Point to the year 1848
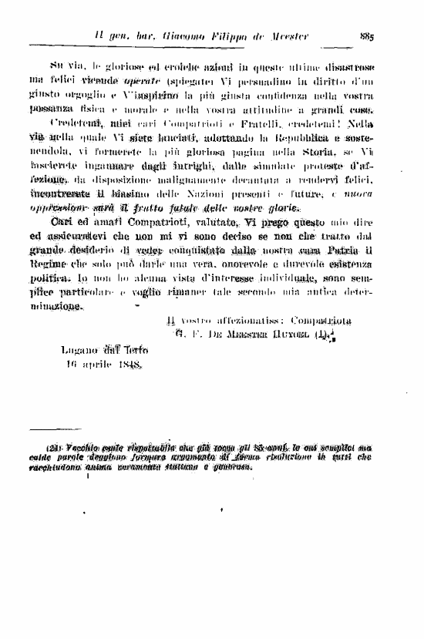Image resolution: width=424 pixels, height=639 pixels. click(123, 365)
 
